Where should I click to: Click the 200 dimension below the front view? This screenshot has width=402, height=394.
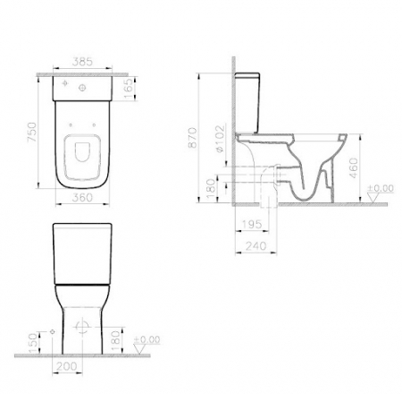68,366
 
